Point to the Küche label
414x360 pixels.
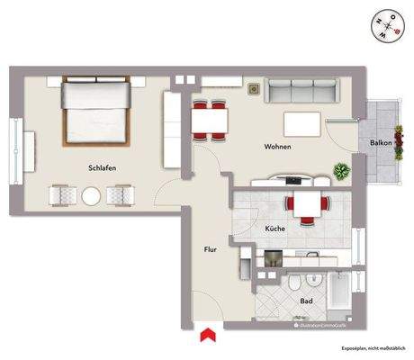click(275, 230)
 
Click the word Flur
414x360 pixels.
click(211, 249)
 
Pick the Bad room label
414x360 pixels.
click(307, 301)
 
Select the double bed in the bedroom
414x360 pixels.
click(94, 112)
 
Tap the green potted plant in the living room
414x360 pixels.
click(342, 168)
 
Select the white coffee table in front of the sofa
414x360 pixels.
click(301, 122)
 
